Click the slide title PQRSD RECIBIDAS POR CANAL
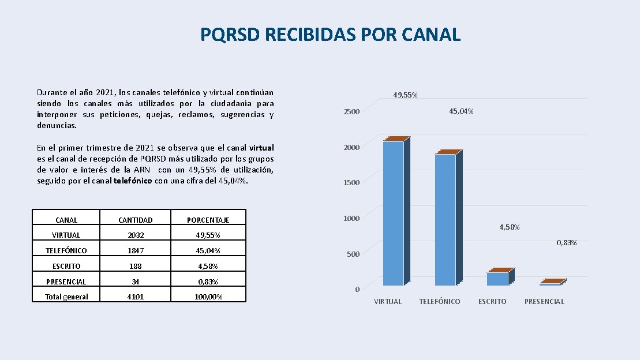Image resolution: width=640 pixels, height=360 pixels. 330,34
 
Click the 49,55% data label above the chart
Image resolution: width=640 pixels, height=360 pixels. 405,95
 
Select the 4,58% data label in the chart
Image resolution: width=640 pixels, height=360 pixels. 510,227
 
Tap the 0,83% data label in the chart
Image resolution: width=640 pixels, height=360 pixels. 567,242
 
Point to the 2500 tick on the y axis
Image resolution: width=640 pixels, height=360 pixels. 351,111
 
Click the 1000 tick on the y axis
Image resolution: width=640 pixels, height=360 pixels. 351,219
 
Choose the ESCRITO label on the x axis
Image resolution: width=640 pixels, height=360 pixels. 492,302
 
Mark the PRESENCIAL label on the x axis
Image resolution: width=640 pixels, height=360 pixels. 544,302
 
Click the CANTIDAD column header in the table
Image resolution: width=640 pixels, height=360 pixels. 136,220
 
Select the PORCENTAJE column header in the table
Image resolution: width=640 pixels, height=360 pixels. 208,220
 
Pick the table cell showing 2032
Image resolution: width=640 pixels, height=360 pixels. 136,235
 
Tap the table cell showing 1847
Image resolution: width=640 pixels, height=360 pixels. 136,250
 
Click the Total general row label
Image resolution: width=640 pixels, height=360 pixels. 66,297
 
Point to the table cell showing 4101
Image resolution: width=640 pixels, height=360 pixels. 136,297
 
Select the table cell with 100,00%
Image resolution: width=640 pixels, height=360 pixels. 208,297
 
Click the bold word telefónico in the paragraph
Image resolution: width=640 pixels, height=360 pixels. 133,181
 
